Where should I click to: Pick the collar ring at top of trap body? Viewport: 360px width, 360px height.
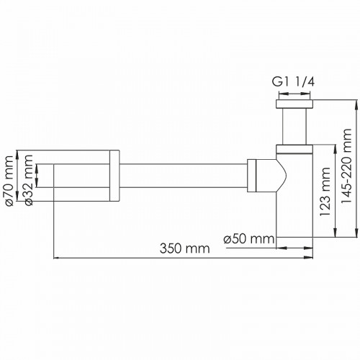tap(294, 150)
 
